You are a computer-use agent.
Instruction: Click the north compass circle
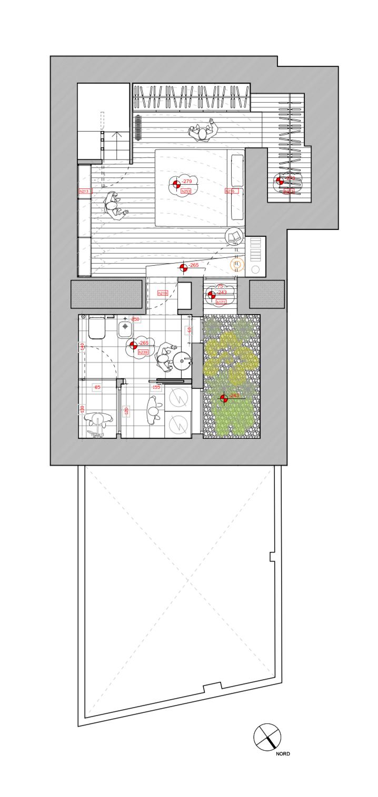click(267, 737)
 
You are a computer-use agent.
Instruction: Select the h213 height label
click(84, 191)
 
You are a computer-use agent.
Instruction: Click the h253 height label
click(186, 191)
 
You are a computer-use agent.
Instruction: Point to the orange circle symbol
click(237, 264)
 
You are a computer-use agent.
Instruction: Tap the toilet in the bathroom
click(96, 328)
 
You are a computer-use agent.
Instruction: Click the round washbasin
click(183, 361)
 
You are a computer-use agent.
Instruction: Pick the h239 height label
click(143, 352)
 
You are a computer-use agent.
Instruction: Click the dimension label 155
click(156, 387)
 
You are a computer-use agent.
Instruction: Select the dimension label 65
click(97, 387)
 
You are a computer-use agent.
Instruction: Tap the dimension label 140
click(83, 347)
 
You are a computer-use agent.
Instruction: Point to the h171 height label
click(221, 302)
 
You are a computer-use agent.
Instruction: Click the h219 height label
click(163, 293)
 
